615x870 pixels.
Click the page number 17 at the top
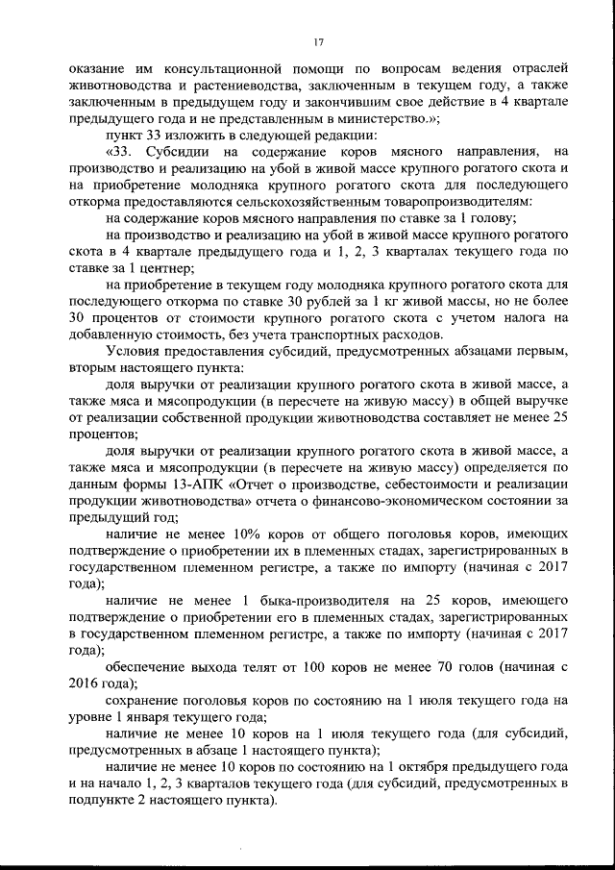(319, 39)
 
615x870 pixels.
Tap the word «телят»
(262, 666)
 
